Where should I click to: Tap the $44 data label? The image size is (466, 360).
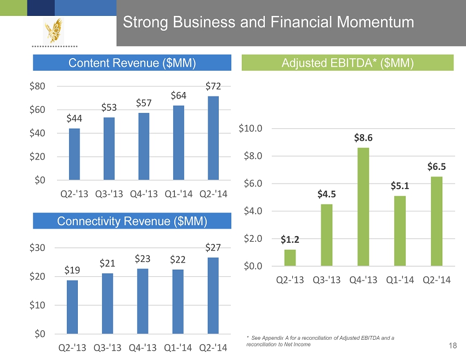click(75, 118)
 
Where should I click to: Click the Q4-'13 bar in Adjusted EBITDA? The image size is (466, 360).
click(363, 207)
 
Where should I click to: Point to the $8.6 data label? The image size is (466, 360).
click(363, 138)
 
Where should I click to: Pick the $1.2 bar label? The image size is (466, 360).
click(290, 239)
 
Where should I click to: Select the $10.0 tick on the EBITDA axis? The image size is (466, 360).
click(250, 128)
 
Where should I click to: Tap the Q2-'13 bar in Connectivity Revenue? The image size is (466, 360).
click(72, 307)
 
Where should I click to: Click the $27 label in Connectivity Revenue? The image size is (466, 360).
click(213, 248)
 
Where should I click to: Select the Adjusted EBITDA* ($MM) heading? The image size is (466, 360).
click(348, 63)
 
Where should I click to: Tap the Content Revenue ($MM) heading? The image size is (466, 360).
click(132, 63)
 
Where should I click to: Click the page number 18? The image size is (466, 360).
click(452, 345)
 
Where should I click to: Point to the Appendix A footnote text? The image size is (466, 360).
click(321, 341)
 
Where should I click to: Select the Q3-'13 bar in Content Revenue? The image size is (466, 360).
click(109, 148)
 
